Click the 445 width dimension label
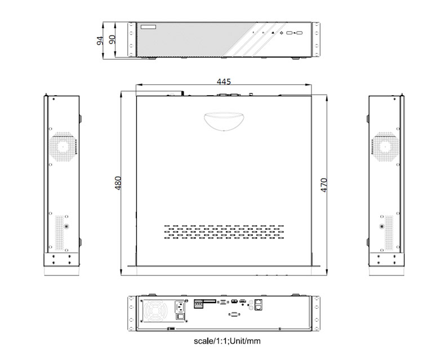[224, 82]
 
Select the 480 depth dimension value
[118, 183]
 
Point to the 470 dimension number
[324, 185]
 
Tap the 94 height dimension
[100, 40]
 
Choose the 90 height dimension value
[113, 39]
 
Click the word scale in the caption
[203, 341]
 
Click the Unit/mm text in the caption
[245, 341]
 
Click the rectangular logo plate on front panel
[149, 27]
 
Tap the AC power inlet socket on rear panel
[180, 306]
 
